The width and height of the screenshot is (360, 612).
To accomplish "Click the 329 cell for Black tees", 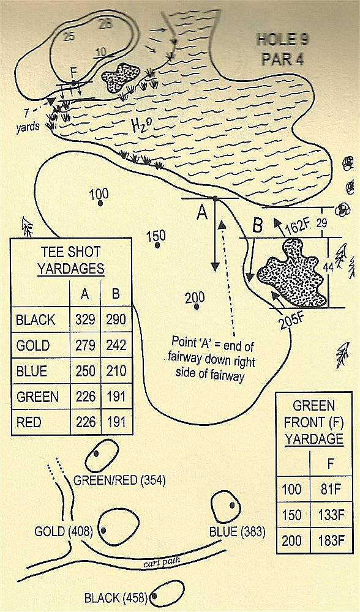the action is [x=86, y=319].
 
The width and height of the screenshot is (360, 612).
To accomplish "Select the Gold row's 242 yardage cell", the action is [x=115, y=345].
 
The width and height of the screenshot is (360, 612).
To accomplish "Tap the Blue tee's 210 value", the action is [x=115, y=371].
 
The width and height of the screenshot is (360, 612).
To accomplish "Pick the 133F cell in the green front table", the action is [x=331, y=515].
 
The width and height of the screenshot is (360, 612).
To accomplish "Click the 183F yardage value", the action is [x=331, y=540].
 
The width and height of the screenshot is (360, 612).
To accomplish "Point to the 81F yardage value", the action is [x=331, y=488].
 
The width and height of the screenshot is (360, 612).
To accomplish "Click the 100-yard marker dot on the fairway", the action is [x=100, y=203].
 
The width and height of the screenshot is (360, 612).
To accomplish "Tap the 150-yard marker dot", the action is [x=157, y=245].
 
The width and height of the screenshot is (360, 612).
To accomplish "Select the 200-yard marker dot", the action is [x=197, y=307].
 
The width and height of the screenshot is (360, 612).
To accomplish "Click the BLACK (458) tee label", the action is [x=115, y=597].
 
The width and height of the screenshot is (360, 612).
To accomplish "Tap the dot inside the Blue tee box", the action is [x=232, y=505].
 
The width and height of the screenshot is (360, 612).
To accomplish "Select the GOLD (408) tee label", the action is [x=63, y=531].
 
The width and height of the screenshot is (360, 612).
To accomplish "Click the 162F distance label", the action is [x=298, y=226].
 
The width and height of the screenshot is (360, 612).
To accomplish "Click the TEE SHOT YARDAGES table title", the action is [x=71, y=260].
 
